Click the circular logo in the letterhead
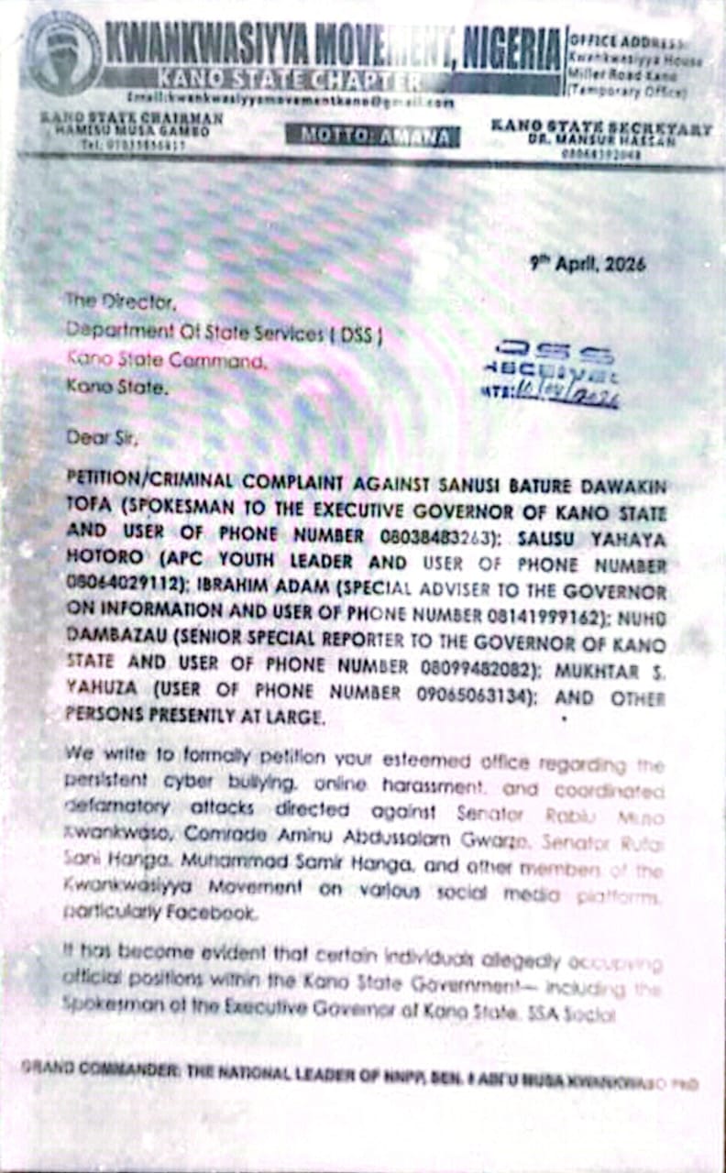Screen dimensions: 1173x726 point(62,53)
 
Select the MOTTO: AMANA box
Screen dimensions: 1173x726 point(372,137)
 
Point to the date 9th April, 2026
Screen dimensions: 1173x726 point(588,264)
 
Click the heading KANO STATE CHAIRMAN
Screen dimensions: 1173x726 point(130,118)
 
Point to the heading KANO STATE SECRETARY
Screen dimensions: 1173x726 point(600,127)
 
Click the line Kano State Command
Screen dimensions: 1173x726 point(168,362)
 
